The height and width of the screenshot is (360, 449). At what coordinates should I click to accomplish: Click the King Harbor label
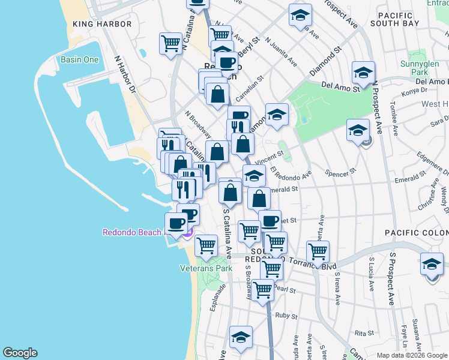(x=101, y=24)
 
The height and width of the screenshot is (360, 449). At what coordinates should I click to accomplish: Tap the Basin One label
(x=79, y=59)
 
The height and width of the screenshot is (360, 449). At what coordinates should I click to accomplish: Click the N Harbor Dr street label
(x=125, y=74)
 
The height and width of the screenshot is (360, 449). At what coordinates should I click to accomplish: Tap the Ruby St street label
(x=286, y=315)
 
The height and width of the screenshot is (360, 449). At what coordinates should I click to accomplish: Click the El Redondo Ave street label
(x=291, y=172)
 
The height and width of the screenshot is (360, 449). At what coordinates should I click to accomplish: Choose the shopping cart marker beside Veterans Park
(x=206, y=245)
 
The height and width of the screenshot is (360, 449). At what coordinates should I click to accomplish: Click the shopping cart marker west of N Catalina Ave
(x=171, y=43)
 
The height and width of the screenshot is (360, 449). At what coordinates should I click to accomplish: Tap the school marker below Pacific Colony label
(x=432, y=265)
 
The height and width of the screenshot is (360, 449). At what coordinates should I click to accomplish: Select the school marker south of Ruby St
(x=241, y=337)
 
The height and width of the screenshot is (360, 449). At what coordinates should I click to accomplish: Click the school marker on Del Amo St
(x=363, y=73)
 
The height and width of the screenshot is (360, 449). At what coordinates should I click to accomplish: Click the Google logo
(x=20, y=353)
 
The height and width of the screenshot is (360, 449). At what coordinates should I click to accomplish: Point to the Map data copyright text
(x=412, y=355)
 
